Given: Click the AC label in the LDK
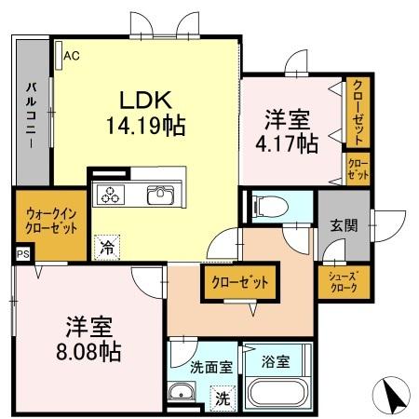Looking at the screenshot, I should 71,55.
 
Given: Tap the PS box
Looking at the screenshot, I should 21,250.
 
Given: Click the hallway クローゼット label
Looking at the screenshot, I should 239,281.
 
